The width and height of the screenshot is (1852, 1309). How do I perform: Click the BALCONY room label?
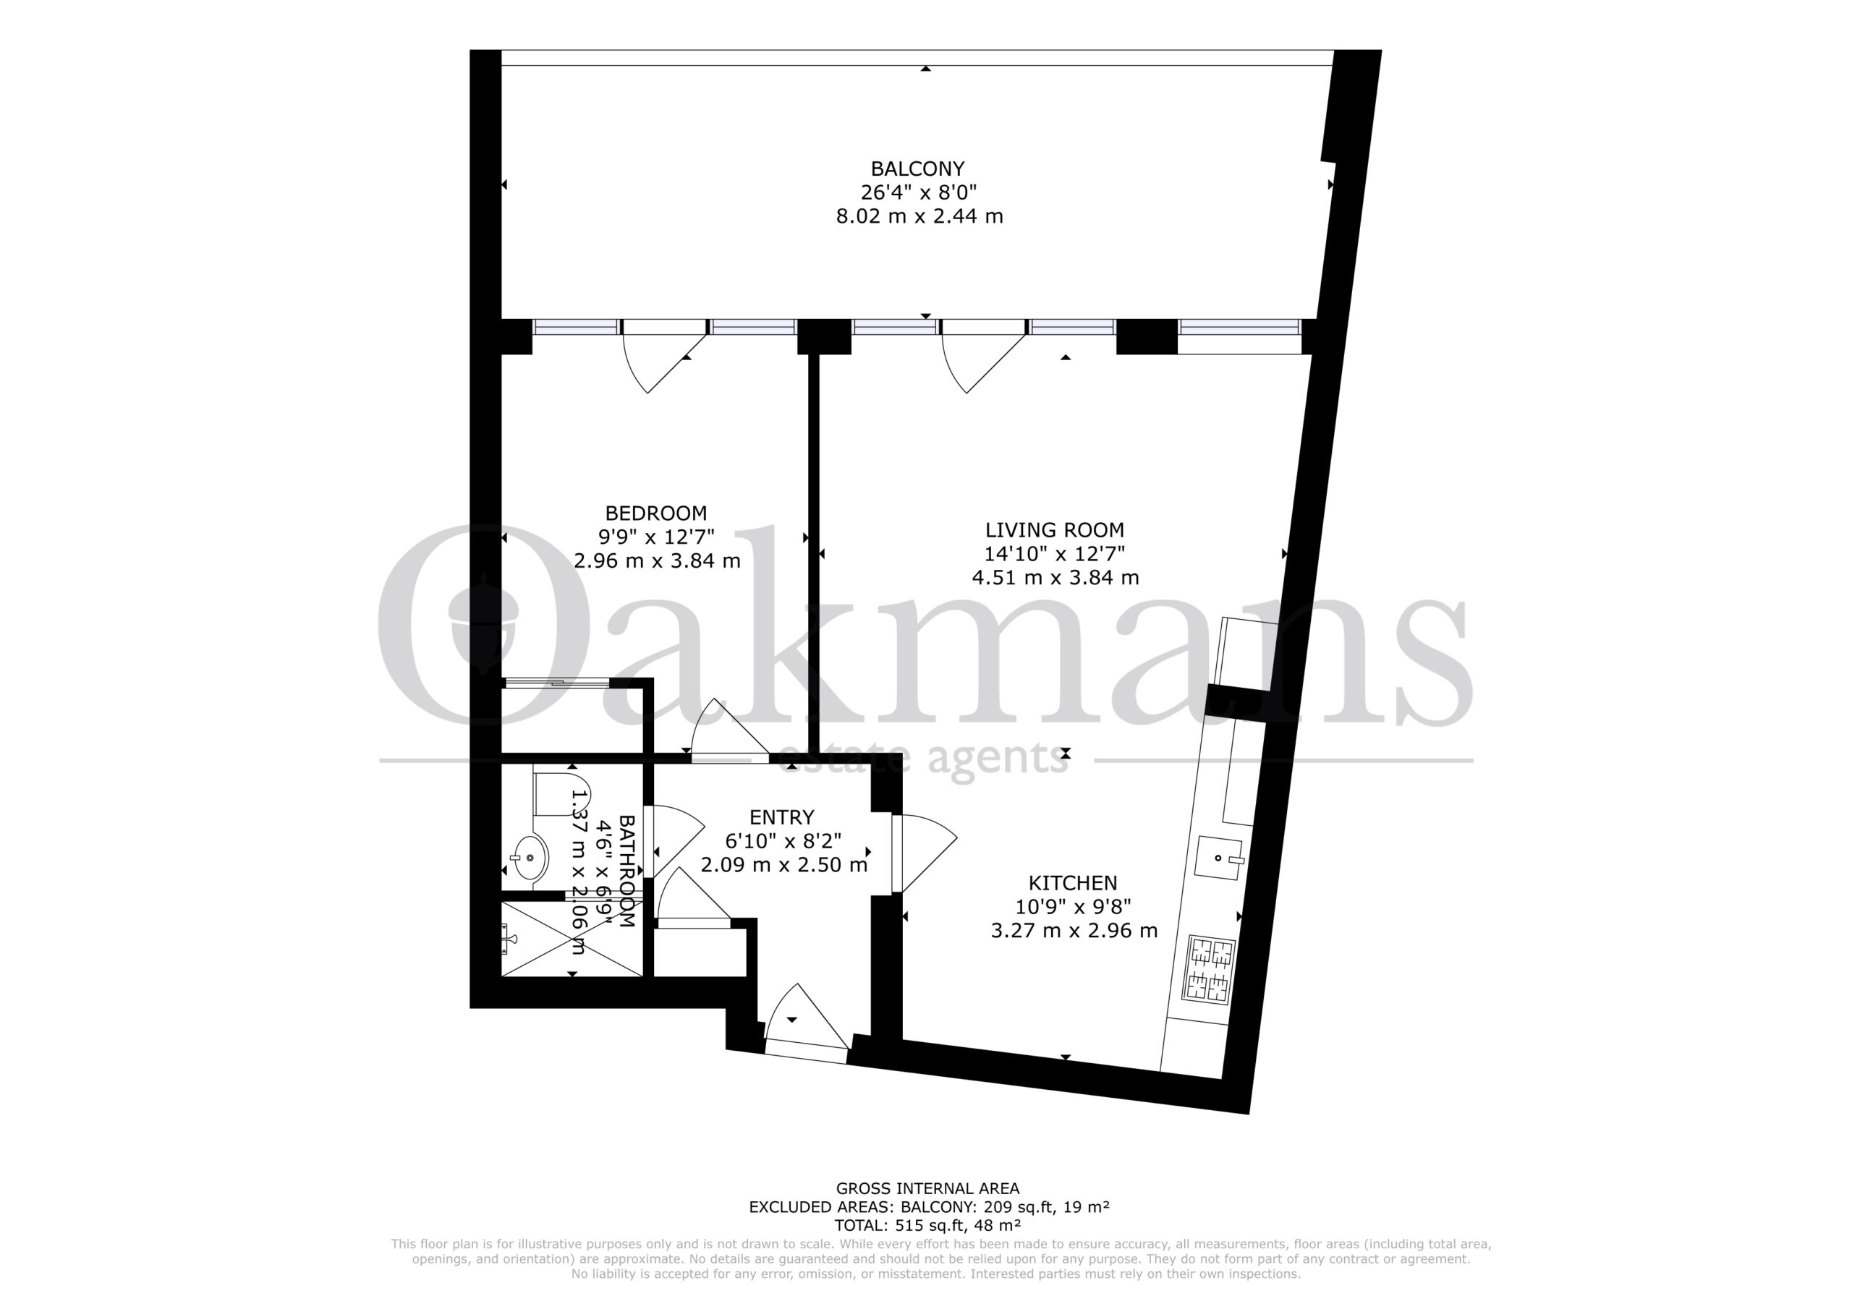pos(918,169)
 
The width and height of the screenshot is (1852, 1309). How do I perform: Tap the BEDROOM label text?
pos(655,513)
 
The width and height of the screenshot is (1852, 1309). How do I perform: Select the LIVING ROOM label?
pos(1054,530)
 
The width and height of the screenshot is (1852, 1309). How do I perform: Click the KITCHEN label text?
pos(1073,882)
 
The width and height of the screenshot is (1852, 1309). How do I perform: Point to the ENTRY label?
pos(781,817)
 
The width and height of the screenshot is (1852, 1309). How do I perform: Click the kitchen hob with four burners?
pos(1208,971)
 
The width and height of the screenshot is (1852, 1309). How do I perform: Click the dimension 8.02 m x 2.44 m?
pos(919,216)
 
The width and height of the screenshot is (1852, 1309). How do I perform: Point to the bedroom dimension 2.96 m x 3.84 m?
pos(658,560)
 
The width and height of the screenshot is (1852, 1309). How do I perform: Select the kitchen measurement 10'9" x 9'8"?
pos(1074,907)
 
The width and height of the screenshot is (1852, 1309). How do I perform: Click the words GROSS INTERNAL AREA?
pos(927,1188)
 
